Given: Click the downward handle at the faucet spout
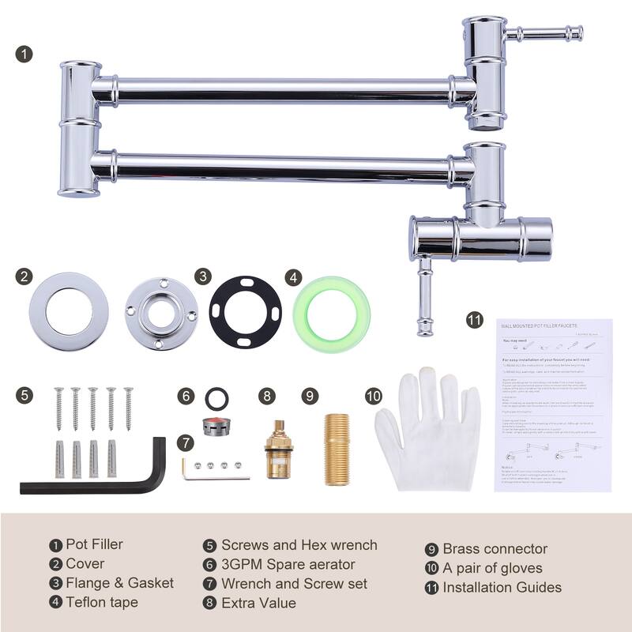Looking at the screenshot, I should pos(424,296).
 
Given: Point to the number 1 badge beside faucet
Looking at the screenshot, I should pos(25,55).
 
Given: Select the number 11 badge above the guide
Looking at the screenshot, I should pos(474,320).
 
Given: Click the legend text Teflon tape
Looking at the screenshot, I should pos(102,603).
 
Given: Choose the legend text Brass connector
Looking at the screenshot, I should pos(495,549).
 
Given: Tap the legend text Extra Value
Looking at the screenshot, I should pos(258,603).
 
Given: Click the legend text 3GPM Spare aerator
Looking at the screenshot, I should pos(288,565).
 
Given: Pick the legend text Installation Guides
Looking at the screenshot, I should pos(502,587).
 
